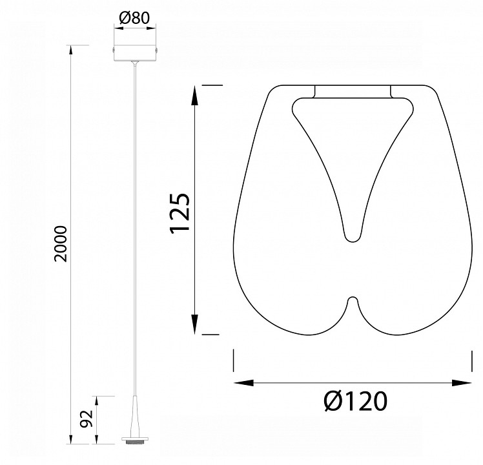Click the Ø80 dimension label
(134, 18)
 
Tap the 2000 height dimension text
(61, 244)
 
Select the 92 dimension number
(87, 418)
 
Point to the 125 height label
(180, 213)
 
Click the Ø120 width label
(356, 401)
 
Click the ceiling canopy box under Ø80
(134, 53)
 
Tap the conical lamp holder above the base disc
(135, 417)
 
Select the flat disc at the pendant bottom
(135, 439)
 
